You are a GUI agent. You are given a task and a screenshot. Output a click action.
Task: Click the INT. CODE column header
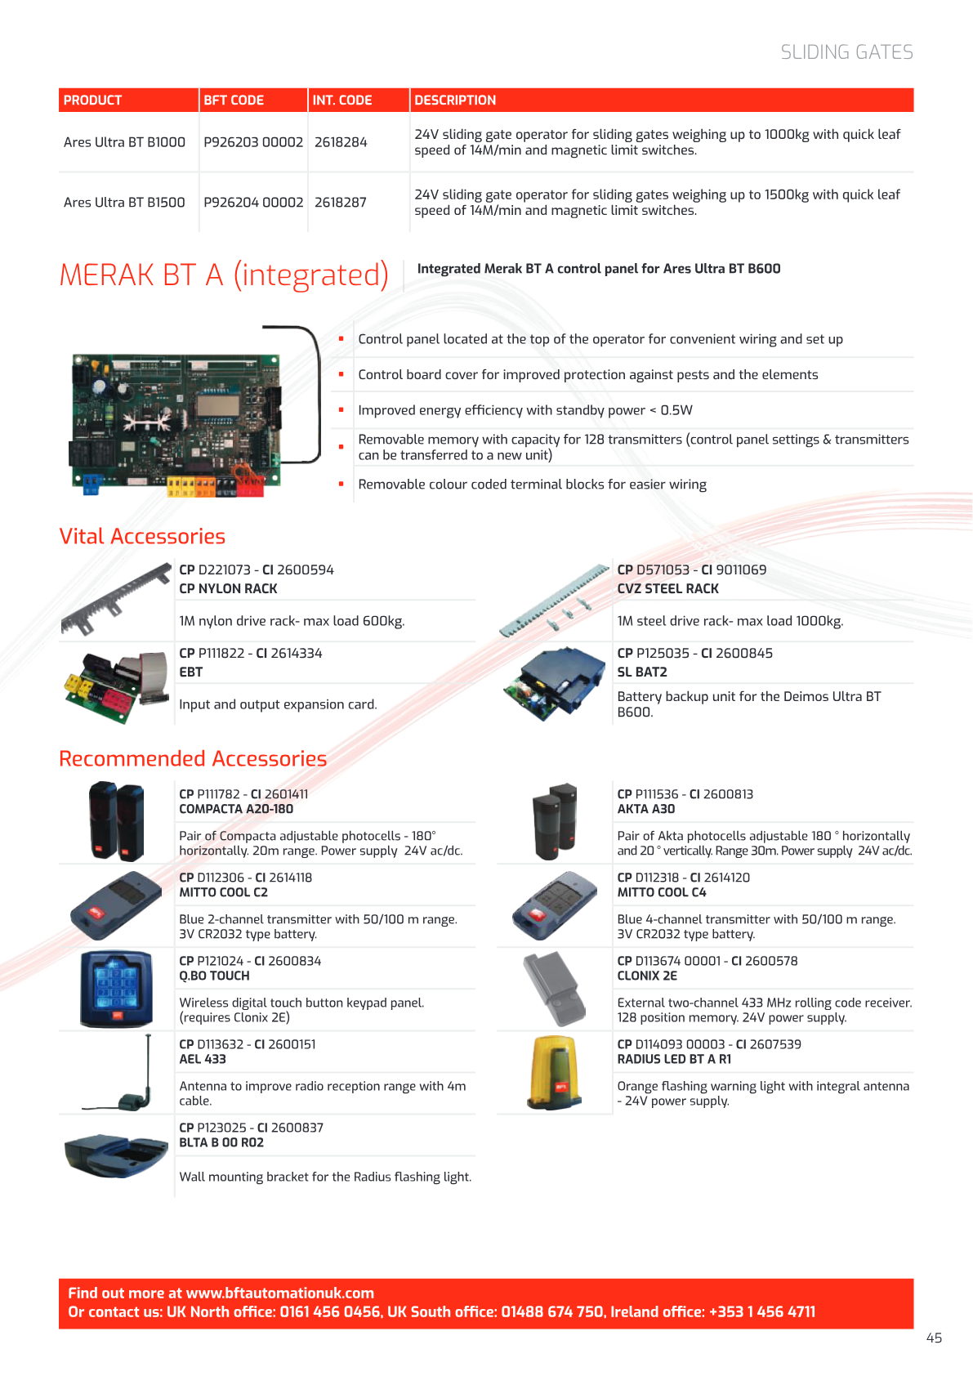click(x=342, y=101)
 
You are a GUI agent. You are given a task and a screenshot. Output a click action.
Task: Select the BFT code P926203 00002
click(x=253, y=142)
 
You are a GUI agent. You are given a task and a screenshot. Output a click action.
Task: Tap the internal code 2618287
click(x=341, y=202)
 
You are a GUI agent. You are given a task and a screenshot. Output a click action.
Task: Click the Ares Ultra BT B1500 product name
click(x=124, y=202)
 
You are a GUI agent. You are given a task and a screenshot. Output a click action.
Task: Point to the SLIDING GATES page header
click(x=846, y=52)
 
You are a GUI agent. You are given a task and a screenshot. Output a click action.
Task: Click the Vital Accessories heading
click(x=142, y=536)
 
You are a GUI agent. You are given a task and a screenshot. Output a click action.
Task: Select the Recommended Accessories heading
click(x=193, y=758)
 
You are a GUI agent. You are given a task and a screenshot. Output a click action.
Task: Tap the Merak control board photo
click(x=176, y=424)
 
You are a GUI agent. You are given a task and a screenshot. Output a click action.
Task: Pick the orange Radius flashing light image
click(x=554, y=1073)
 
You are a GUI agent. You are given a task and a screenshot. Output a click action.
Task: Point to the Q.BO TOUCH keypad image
click(x=116, y=989)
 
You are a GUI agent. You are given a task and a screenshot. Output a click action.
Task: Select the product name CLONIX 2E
click(x=647, y=976)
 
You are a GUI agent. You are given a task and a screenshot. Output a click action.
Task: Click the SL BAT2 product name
click(x=642, y=672)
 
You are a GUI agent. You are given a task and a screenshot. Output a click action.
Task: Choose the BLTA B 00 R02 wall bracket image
click(x=116, y=1155)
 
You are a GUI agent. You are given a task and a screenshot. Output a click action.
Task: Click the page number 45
click(x=934, y=1338)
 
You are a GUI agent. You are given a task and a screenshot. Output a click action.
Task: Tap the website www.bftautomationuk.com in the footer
click(x=279, y=1293)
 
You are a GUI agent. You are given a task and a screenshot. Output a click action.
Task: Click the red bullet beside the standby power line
click(x=341, y=409)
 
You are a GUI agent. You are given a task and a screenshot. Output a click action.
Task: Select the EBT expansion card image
click(x=116, y=686)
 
